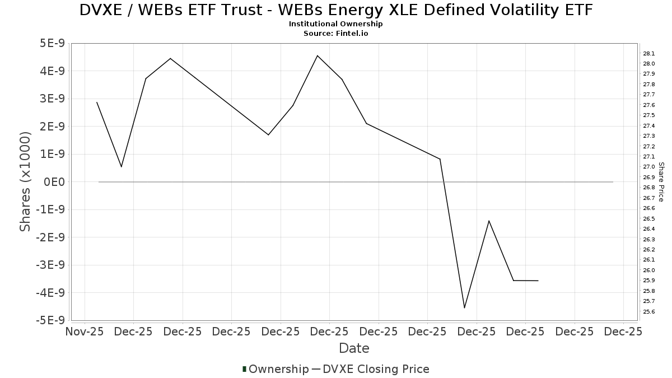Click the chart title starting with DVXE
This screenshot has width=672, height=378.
point(336,10)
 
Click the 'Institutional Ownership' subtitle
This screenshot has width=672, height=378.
point(336,24)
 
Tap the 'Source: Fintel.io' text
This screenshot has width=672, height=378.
point(336,34)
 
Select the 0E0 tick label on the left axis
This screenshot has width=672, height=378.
point(54,182)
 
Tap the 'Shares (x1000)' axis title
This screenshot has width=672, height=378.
point(25,182)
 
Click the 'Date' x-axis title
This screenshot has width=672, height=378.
point(354,348)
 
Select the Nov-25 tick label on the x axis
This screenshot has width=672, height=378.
point(85,332)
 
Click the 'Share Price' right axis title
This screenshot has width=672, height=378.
point(661,182)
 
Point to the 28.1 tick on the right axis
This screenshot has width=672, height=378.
point(649,54)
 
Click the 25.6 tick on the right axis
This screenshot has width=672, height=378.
point(649,312)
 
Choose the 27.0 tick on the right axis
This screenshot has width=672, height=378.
point(649,167)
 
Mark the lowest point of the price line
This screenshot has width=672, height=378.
point(464,308)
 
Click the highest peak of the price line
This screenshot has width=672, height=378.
point(318,55)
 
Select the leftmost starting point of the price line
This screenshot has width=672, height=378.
point(97,102)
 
